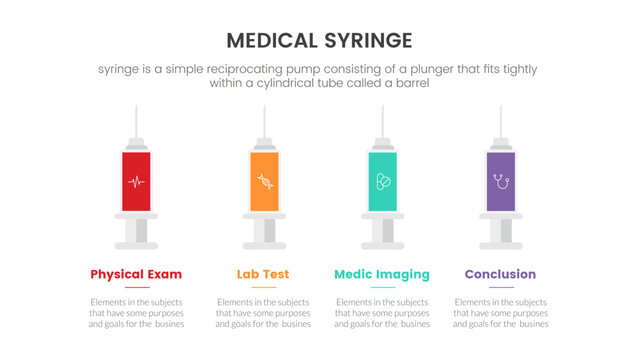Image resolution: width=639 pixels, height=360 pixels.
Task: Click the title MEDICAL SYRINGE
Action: tap(319, 40)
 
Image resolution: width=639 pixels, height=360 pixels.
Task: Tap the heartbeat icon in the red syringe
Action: tap(136, 182)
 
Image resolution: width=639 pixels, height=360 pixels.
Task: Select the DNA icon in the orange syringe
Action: tap(264, 182)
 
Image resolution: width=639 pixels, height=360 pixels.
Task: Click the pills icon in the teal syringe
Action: tap(381, 182)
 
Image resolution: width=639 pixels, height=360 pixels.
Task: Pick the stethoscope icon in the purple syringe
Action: tap(500, 182)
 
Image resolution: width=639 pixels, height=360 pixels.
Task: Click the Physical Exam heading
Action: tap(136, 274)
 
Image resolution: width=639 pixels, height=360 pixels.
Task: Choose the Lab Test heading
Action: tap(264, 274)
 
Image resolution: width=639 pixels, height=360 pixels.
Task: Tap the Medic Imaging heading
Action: tap(381, 274)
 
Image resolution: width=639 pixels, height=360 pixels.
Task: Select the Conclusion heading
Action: tap(500, 274)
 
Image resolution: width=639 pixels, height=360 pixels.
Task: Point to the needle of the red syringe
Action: tap(136, 118)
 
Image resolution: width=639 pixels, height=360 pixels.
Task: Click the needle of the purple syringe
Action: tap(500, 118)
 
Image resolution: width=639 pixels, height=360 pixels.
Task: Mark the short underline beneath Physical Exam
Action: tap(136, 288)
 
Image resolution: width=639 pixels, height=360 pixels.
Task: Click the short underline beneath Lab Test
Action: tap(264, 288)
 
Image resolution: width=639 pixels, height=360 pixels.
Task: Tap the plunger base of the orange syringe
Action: tap(264, 244)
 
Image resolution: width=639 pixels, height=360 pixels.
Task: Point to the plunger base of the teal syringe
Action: tap(381, 244)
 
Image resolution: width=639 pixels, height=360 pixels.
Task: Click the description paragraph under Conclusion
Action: tap(500, 313)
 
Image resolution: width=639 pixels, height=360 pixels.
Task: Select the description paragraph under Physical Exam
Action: tap(136, 313)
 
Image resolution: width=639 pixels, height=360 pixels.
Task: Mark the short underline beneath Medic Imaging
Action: tap(381, 288)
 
